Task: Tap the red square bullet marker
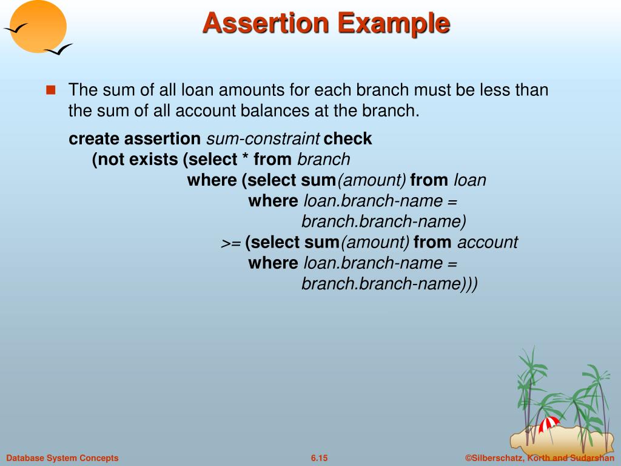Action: coord(50,90)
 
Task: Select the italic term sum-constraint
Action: coord(263,139)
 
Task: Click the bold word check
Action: coord(347,139)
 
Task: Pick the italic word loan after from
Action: coord(470,180)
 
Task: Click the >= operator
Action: coord(230,243)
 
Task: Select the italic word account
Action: coord(487,242)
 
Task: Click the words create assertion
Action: coord(135,139)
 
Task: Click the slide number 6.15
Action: coord(319,458)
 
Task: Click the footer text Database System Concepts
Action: coord(62,458)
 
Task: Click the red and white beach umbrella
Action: coord(549,423)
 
